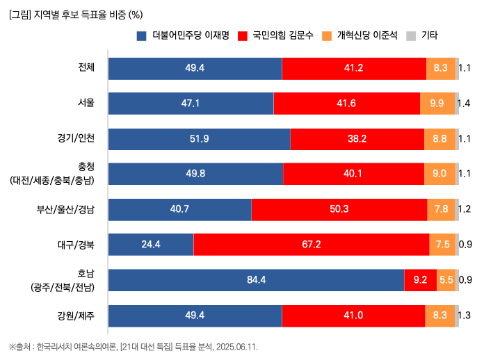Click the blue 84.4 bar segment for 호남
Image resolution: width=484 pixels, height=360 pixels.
(256, 280)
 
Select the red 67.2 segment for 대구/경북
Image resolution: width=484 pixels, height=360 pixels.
(311, 245)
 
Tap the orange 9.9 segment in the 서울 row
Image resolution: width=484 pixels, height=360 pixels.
(437, 104)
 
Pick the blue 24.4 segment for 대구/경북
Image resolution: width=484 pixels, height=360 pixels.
(151, 245)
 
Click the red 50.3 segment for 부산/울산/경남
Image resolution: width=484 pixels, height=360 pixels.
(339, 209)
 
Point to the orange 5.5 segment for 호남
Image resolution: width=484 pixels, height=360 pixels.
(446, 280)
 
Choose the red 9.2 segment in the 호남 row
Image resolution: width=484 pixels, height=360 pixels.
(420, 280)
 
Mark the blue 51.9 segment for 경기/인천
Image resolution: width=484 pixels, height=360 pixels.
(199, 139)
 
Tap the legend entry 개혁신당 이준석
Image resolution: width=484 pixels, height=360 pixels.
(360, 35)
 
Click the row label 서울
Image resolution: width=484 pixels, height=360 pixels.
(86, 103)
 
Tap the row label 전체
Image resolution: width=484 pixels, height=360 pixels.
(86, 67)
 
